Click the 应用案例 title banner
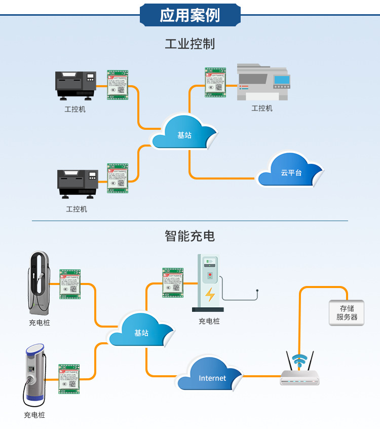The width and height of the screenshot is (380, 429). [190, 15]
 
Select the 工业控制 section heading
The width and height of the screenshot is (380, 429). [190, 44]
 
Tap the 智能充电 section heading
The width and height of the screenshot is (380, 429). [190, 236]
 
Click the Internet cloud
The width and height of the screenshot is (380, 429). [212, 375]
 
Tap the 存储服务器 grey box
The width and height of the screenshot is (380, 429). [347, 312]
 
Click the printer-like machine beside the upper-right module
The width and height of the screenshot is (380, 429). [263, 82]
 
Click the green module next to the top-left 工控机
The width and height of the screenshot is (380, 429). [118, 85]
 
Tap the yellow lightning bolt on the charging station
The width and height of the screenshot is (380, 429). [210, 294]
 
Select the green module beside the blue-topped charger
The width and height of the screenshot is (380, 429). [69, 379]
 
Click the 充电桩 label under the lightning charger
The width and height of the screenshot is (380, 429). [209, 321]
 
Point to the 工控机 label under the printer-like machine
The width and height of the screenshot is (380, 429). [262, 109]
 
